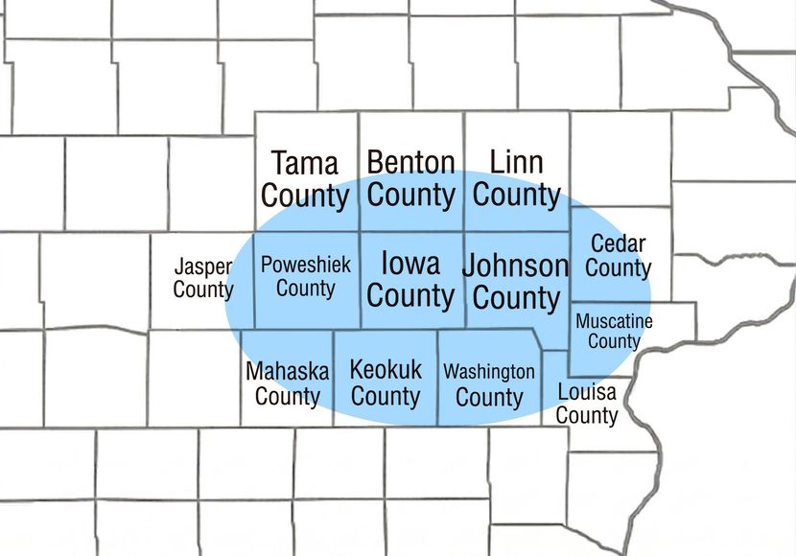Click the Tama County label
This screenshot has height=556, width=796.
pos(305,179)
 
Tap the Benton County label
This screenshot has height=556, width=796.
pos(410,178)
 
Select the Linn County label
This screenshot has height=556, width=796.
pos(516,178)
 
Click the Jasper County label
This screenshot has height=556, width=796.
pos(203,278)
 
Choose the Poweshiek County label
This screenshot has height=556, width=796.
pos(305,276)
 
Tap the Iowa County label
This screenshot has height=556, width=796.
pos(410,279)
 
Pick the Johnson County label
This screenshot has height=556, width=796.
pos(516,281)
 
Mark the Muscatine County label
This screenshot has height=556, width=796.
pos(614,331)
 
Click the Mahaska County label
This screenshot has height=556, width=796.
pos(287,382)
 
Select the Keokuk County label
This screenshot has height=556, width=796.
pos(386,382)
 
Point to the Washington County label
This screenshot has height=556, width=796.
pos(489,383)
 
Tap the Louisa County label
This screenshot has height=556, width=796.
pos(587,404)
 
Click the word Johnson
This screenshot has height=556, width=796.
pos(516,265)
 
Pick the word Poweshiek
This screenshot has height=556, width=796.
pos(305,265)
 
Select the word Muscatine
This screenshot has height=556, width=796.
pos(614,321)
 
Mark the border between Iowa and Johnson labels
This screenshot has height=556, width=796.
pos(465,278)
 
